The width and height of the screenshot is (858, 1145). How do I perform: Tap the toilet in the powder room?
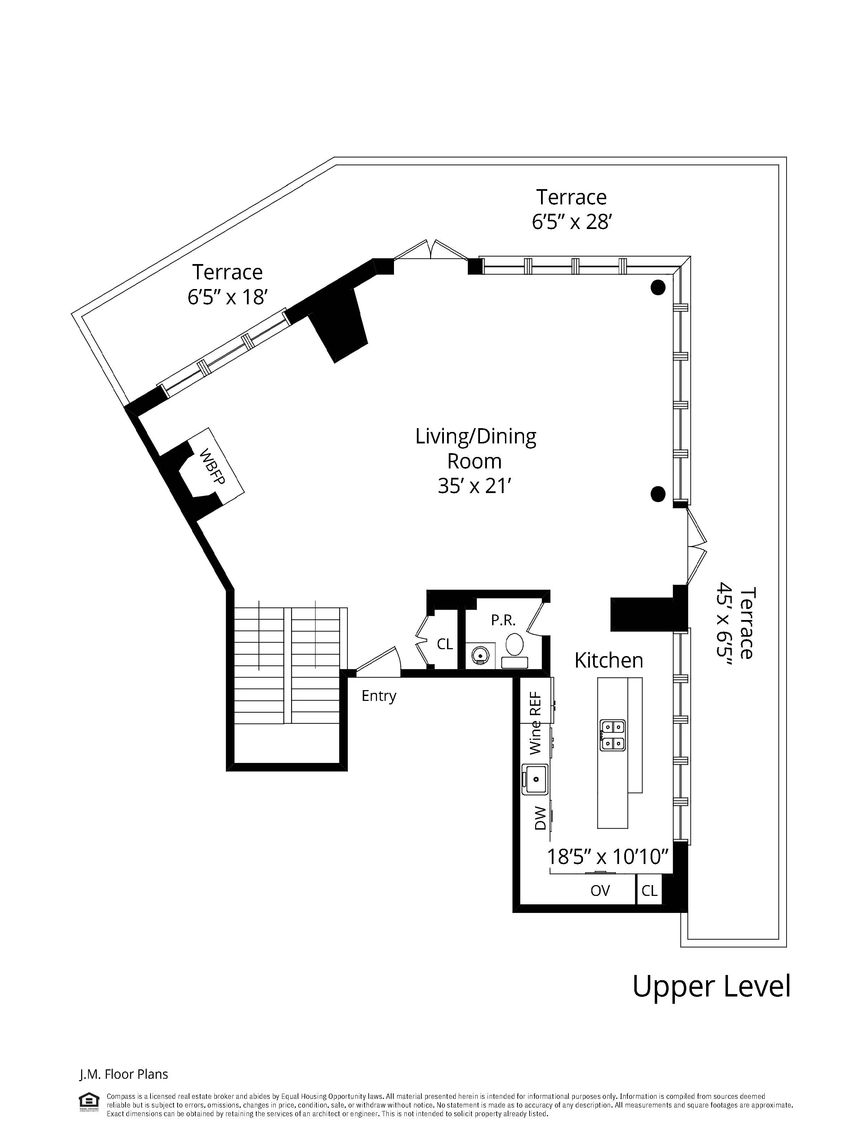point(514,647)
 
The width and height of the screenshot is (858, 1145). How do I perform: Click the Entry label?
point(378,696)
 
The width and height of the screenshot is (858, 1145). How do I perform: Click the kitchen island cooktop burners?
point(612,735)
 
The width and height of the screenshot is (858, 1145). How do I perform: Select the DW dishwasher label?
point(540,818)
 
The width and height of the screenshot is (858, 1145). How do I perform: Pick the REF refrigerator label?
point(535,704)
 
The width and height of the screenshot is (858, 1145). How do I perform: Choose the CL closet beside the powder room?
point(445,644)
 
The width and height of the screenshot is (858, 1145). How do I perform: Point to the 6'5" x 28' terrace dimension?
point(572,222)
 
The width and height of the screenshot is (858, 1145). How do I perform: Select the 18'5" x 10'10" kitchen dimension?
point(608,857)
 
